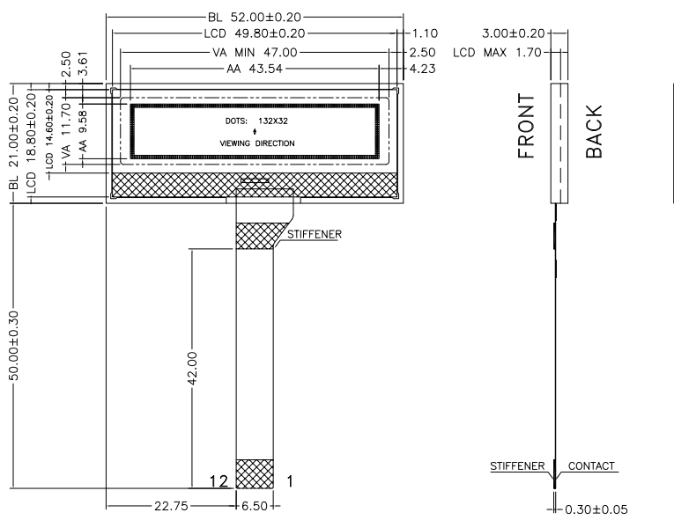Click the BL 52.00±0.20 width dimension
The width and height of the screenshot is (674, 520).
[x=255, y=18]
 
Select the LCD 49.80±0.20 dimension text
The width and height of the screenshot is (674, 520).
[x=255, y=33]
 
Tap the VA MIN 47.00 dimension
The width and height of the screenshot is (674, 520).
[x=255, y=53]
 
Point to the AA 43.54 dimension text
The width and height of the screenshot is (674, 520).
[x=255, y=69]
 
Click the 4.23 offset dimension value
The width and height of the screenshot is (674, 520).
[x=423, y=69]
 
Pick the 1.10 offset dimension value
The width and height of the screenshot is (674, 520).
[x=425, y=33]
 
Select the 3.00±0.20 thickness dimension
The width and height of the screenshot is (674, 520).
[x=514, y=33]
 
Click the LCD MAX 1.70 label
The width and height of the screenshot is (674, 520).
[x=497, y=53]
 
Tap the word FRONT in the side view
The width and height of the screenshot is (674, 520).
[x=526, y=126]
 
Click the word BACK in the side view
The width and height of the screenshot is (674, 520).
[x=594, y=131]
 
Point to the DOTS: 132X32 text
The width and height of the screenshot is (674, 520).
[x=256, y=121]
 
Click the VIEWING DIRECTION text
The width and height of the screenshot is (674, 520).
[x=257, y=143]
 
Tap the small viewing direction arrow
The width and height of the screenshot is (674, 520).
[x=255, y=131]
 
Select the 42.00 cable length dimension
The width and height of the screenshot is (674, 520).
[x=192, y=369]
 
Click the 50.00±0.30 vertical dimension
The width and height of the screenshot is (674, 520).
[x=14, y=346]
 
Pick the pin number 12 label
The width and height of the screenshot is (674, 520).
[x=218, y=481]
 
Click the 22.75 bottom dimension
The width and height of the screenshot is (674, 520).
[x=171, y=506]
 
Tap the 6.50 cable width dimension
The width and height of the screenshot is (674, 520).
[x=255, y=506]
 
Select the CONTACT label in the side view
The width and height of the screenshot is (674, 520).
[x=591, y=466]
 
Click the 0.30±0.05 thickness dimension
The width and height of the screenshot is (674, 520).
[x=596, y=509]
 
